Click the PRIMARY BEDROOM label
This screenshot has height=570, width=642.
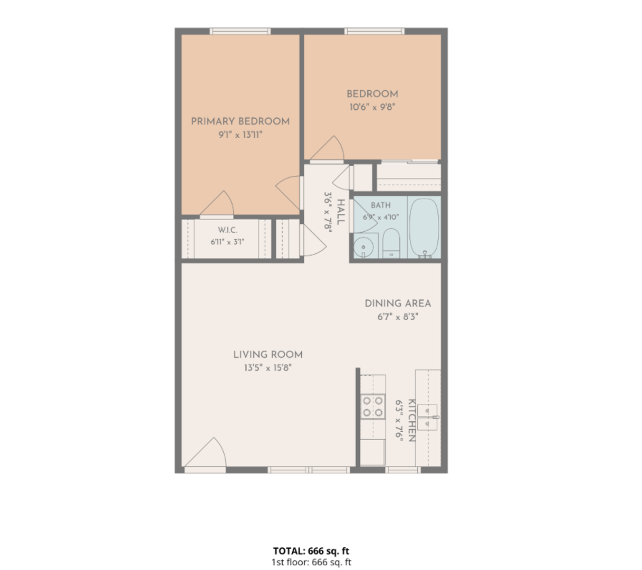[240, 121]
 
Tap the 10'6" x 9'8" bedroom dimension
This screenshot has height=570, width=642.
[372, 107]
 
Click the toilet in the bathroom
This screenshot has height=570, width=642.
[391, 243]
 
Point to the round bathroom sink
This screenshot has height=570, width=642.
[363, 247]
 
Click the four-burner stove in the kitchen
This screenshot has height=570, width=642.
[372, 407]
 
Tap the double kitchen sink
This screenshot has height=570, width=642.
[427, 417]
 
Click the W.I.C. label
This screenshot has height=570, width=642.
[227, 230]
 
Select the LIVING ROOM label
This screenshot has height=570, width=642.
[268, 355]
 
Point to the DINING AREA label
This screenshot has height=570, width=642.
[398, 303]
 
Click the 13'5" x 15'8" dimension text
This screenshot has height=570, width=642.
[268, 368]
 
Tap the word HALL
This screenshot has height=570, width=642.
[340, 212]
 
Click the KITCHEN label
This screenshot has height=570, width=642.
[411, 420]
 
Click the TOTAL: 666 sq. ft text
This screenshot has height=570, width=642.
[311, 550]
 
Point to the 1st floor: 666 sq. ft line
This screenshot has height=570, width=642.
[311, 562]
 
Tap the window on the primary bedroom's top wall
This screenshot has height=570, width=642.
[240, 31]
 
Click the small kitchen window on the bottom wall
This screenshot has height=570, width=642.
[403, 470]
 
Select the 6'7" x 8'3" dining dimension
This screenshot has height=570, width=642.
[398, 317]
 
